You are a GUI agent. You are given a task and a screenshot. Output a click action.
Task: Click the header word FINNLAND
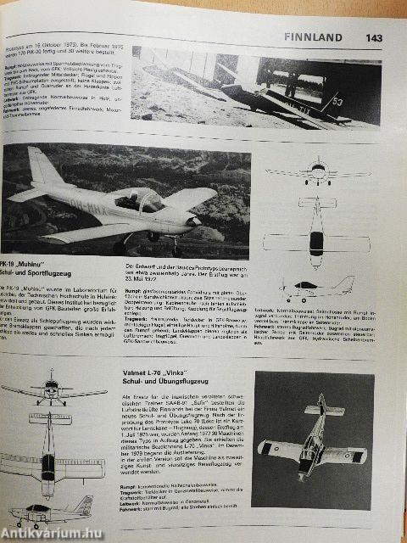[314, 37]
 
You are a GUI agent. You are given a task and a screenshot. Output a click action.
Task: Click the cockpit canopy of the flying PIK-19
[142, 201]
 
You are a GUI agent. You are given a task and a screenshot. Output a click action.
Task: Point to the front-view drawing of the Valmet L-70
[51, 394]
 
